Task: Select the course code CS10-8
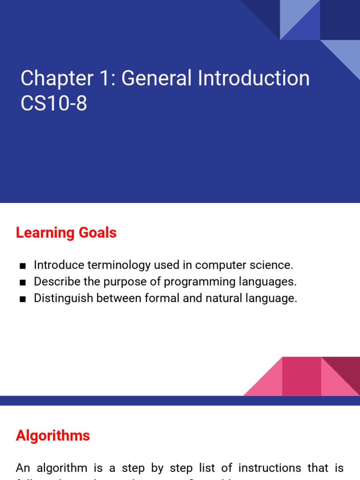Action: [54, 104]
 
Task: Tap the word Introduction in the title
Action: [254, 79]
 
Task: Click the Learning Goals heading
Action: [66, 233]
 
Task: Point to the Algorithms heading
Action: [53, 436]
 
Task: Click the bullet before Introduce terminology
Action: [22, 266]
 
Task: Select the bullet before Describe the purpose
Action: [22, 283]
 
